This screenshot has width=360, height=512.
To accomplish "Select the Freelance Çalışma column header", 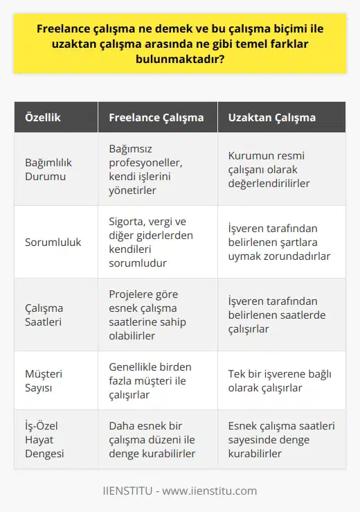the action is pyautogui.click(x=156, y=118).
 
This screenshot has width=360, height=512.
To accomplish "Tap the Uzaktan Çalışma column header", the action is pyautogui.click(x=272, y=118).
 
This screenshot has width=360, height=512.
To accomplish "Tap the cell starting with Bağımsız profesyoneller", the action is pyautogui.click(x=153, y=169).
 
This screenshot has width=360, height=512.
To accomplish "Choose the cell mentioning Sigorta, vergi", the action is pyautogui.click(x=153, y=242).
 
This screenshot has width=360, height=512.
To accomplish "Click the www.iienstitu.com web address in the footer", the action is pyautogui.click(x=214, y=491).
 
